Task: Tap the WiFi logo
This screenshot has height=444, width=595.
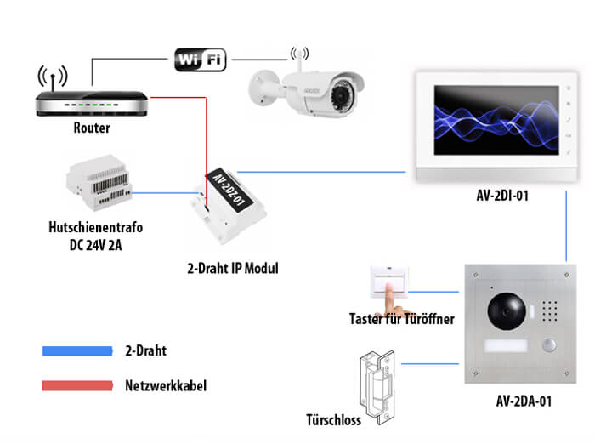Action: (201, 60)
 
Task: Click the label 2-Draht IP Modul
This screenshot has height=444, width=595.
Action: (232, 269)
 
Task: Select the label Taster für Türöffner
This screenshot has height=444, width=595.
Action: (401, 320)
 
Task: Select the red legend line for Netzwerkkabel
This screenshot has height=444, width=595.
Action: (77, 385)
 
